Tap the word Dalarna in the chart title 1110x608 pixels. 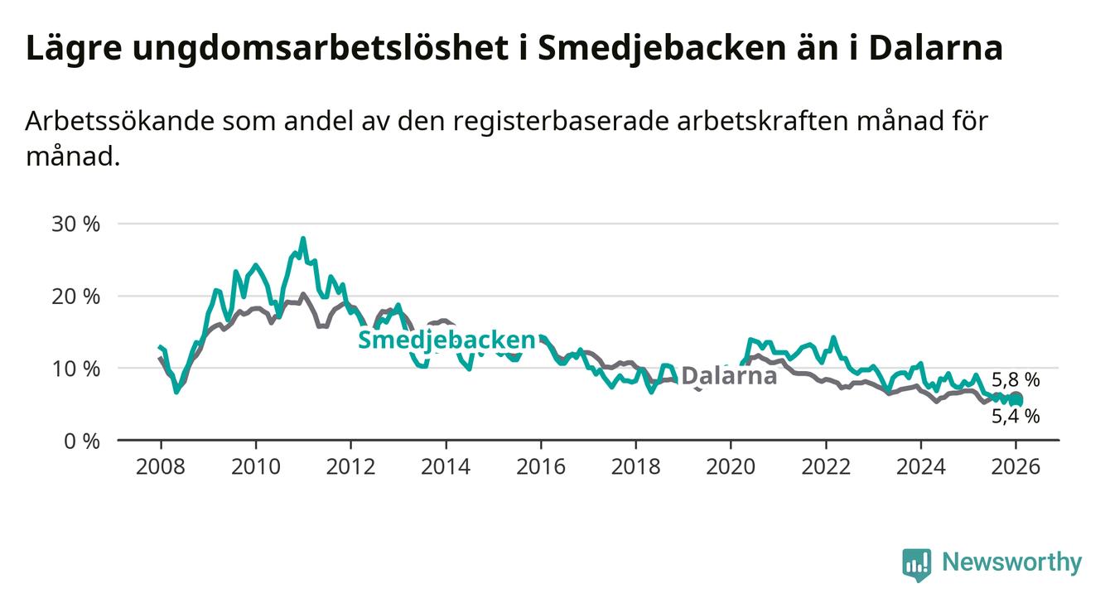tap(935, 48)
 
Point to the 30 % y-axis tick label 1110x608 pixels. tap(76, 224)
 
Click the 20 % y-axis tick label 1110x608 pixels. tap(76, 297)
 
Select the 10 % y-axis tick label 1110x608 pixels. tap(76, 369)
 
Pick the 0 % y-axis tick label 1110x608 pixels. tap(81, 441)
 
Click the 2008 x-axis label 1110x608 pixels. tap(161, 466)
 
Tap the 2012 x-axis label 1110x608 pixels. tap(350, 466)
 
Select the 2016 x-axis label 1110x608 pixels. tap(541, 466)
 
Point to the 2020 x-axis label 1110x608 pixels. tap(731, 466)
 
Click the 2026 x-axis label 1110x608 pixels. tap(1016, 466)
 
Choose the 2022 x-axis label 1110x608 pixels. tap(826, 466)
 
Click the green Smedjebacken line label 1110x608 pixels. tap(446, 340)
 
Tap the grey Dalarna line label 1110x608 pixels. tap(729, 375)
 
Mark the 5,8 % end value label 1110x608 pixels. tap(1016, 380)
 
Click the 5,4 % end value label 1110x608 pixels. tap(1016, 417)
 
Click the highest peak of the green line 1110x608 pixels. tap(303, 239)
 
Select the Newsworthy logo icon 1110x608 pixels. tap(916, 565)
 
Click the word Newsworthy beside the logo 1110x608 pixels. tap(1011, 562)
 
